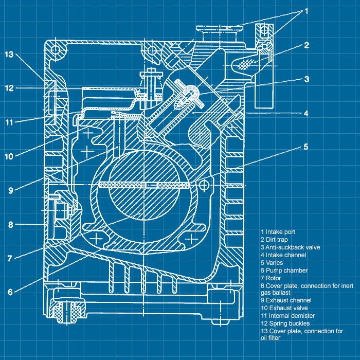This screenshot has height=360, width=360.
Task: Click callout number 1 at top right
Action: click(x=306, y=10)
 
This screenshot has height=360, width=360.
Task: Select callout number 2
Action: click(x=306, y=45)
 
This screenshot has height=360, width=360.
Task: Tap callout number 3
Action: click(x=306, y=79)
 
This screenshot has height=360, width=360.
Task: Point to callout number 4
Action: click(x=306, y=113)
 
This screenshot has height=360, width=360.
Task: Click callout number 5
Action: click(x=306, y=147)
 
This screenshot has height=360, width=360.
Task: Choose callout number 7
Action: click(x=10, y=258)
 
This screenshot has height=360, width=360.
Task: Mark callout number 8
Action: click(x=10, y=225)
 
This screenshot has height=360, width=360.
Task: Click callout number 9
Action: click(x=10, y=190)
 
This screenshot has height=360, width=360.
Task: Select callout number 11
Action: click(x=10, y=122)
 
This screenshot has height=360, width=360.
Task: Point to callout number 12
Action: click(x=10, y=88)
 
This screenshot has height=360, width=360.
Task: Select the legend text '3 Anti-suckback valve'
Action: click(x=290, y=247)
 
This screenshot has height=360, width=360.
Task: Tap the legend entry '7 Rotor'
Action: click(x=272, y=278)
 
